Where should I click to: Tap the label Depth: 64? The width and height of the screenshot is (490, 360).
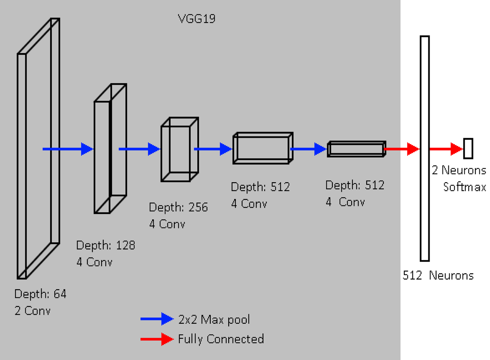pos(40,294)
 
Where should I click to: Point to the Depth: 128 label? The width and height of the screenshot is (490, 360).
pos(105,245)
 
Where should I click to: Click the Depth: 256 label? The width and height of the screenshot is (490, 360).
pos(178,207)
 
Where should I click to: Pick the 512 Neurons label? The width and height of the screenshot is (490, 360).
pos(438,275)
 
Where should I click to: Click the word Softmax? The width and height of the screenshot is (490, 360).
pos(464,187)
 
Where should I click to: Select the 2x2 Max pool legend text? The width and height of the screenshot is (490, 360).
pos(214,319)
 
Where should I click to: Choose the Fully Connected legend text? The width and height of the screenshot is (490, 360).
pos(221,339)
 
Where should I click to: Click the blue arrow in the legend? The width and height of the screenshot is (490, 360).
pos(157,319)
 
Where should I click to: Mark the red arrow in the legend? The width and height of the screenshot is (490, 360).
pos(157,339)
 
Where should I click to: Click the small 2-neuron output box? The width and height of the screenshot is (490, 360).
pos(468,148)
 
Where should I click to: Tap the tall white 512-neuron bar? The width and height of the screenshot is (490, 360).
pos(425,148)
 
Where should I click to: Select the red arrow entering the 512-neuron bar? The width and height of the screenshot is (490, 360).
pos(402,149)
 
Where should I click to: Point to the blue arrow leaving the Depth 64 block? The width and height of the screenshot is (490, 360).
pos(68,149)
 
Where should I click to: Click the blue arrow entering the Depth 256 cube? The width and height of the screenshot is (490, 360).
pos(139,149)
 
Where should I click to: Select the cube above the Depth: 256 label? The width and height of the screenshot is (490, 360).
pos(180,149)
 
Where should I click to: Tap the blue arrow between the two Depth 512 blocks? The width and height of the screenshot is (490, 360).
pos(309,149)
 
